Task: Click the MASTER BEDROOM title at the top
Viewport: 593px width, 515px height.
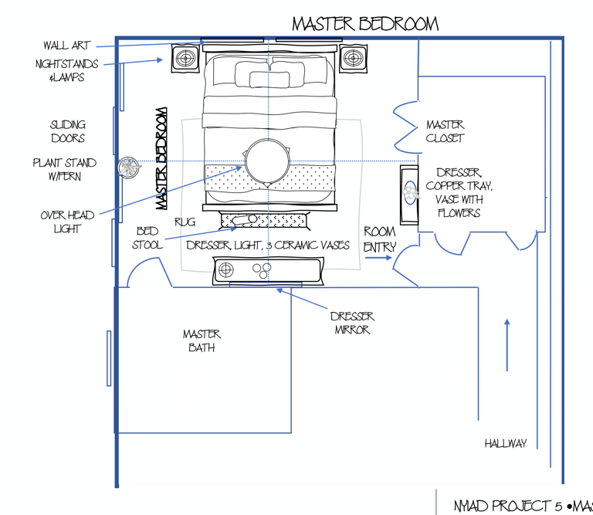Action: tap(364, 24)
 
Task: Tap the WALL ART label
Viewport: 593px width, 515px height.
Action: tap(66, 46)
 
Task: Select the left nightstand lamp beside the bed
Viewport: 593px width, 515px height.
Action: tap(185, 59)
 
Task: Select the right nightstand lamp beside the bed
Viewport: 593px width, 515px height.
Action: tap(353, 58)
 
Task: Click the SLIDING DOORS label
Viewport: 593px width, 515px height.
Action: tap(68, 131)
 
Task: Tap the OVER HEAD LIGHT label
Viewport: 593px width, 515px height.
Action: tap(67, 222)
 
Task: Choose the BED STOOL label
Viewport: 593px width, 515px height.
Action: tap(147, 238)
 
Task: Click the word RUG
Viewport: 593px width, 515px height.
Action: tap(185, 222)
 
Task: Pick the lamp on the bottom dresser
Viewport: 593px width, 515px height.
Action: tap(226, 269)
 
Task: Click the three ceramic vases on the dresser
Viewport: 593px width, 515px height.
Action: tap(262, 269)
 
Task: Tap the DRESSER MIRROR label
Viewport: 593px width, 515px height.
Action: tap(352, 323)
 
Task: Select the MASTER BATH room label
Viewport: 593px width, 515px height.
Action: tap(202, 341)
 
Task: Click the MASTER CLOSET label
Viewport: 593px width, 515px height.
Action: tap(445, 131)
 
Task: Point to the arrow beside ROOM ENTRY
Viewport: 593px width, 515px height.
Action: tap(378, 258)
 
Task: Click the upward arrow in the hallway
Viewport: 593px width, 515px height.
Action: tap(507, 344)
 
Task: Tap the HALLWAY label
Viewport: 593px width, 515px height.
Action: tap(506, 443)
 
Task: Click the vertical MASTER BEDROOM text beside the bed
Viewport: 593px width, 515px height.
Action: tap(161, 158)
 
